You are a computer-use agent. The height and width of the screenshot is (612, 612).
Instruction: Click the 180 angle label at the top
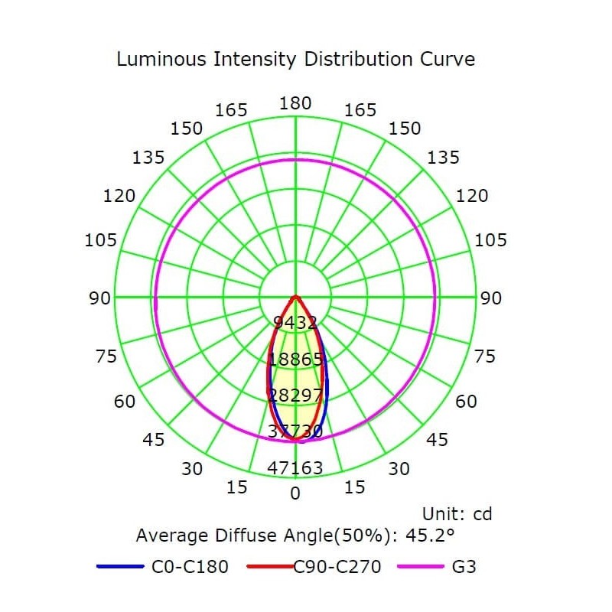(x=295, y=103)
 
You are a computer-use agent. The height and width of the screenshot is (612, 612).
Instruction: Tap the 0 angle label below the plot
(x=295, y=493)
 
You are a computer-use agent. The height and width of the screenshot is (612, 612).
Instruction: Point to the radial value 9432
(x=295, y=323)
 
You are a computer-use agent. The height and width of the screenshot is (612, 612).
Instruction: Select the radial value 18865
(x=295, y=360)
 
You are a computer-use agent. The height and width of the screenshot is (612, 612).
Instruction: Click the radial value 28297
(x=295, y=395)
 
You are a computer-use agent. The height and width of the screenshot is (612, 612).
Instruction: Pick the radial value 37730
(x=295, y=431)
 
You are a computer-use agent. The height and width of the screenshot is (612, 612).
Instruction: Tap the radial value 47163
(x=295, y=467)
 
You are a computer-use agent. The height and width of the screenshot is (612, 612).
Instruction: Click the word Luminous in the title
(x=157, y=59)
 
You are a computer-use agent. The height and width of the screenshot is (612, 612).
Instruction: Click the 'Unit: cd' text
(x=457, y=514)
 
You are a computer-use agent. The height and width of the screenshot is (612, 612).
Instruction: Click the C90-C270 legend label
(x=338, y=567)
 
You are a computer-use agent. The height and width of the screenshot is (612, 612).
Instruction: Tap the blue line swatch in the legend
(x=121, y=567)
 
